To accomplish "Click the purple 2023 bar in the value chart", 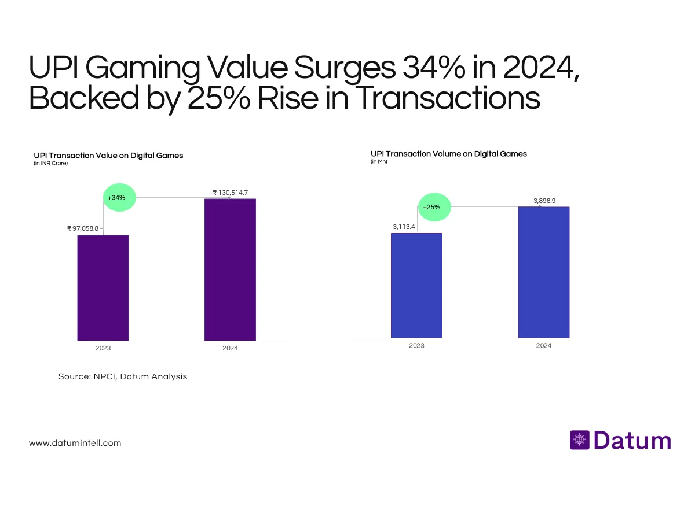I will tap(103, 287).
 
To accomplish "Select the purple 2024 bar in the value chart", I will tap(230, 269).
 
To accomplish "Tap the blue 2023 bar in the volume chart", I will tap(416, 285).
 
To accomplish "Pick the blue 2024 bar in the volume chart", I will tap(543, 272).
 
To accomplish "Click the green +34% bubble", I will tap(116, 198).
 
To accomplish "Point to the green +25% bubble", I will tap(431, 207).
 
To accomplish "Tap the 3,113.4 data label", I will tap(404, 227).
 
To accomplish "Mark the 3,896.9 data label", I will tap(544, 200).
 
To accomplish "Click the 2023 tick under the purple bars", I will tap(103, 348).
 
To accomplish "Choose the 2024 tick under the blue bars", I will tap(543, 345).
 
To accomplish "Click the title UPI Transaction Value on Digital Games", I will tap(108, 156).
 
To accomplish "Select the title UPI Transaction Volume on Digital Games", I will tap(449, 154).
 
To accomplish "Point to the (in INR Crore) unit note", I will tap(51, 164).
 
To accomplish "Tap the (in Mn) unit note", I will tap(379, 162).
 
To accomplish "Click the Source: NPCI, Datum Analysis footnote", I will tap(123, 376).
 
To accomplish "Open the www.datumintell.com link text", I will tap(75, 443).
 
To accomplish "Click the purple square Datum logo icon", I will tap(579, 440).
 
